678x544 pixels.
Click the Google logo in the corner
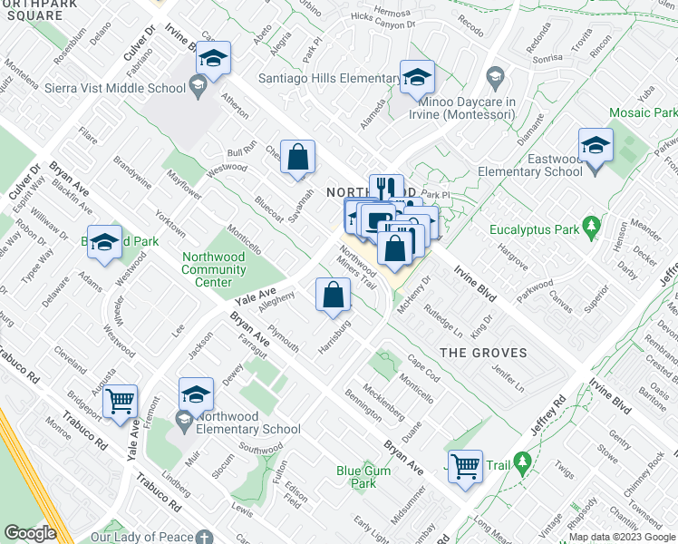click(x=29, y=532)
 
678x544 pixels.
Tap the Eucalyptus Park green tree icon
click(x=592, y=223)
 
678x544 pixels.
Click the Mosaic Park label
click(x=643, y=113)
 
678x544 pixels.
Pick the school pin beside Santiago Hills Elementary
click(x=417, y=78)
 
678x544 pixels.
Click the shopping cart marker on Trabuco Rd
click(x=120, y=401)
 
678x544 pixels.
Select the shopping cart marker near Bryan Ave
click(x=465, y=467)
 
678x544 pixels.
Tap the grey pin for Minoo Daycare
click(x=494, y=74)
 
